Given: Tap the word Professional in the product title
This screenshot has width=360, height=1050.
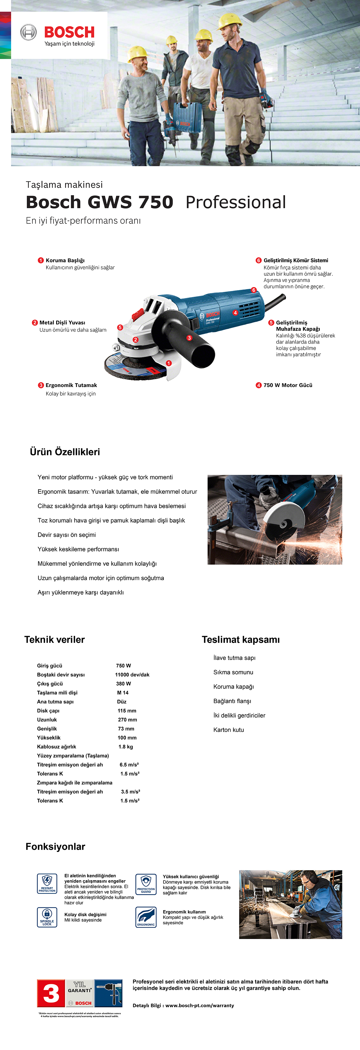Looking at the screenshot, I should tap(236, 202).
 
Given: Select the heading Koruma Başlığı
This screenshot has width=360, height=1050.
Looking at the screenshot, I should tap(65, 260).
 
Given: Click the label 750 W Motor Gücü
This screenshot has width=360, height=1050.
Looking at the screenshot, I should tap(287, 385).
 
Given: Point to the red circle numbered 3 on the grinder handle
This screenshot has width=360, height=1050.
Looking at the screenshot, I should tap(189, 338).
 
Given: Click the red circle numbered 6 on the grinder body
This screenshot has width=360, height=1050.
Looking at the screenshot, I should tap(253, 290).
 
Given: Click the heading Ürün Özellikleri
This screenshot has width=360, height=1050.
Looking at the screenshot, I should tap(65, 451).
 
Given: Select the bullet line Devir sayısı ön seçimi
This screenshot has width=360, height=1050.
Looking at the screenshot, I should tap(67, 535).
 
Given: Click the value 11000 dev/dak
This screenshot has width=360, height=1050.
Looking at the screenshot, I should tap(132, 675).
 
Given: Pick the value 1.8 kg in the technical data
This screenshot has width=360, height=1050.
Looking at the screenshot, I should tap(126, 747).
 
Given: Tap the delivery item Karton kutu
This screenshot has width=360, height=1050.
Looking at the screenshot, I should tap(228, 730).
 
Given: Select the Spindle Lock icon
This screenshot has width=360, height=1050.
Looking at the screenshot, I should tap(47, 917).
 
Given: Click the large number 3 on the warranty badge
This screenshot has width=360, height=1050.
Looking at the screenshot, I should tap(51, 993).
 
